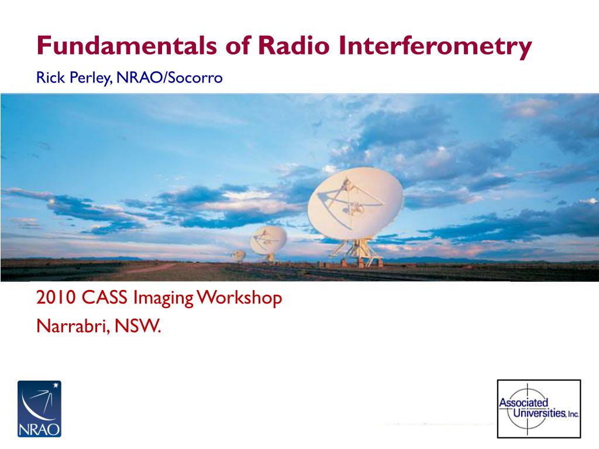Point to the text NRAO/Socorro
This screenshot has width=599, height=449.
[x=170, y=78]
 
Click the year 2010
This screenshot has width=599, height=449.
[x=56, y=298]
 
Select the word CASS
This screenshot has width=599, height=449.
[x=104, y=298]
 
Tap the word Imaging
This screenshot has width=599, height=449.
[x=163, y=299]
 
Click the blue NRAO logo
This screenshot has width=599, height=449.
[x=39, y=409]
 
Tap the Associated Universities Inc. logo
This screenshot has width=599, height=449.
[x=539, y=409]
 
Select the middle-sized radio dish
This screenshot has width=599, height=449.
[x=268, y=240]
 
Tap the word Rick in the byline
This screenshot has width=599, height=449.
[x=50, y=78]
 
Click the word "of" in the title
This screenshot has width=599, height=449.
[x=237, y=45]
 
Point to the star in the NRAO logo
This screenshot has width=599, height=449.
[x=56, y=385]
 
